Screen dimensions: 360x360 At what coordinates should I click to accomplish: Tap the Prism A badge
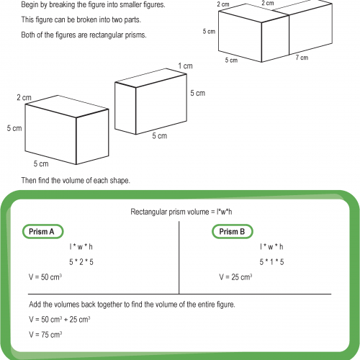click(42, 232)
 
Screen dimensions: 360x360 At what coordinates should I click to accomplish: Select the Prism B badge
click(232, 232)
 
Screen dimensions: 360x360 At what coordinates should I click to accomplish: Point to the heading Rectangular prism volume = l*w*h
click(179, 212)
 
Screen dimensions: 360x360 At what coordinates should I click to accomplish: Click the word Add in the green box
click(35, 305)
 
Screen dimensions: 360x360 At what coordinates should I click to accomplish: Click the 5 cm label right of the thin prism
click(197, 93)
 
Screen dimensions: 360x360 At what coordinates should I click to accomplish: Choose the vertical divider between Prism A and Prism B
click(179, 256)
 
